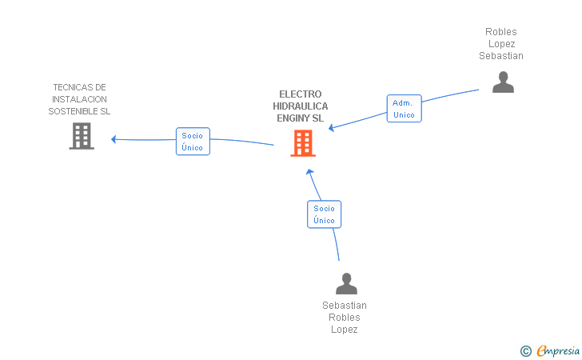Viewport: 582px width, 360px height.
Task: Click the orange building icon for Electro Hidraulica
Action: tap(302, 143)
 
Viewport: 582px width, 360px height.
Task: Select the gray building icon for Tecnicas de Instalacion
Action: tap(82, 136)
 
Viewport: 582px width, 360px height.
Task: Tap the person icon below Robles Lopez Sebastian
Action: tap(503, 82)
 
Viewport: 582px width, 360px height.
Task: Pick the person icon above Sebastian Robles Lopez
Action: tap(345, 283)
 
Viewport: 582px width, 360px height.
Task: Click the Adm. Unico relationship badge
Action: tap(404, 109)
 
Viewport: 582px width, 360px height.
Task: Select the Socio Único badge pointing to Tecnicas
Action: tap(193, 142)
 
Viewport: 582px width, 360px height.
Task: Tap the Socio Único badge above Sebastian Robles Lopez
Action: tap(324, 214)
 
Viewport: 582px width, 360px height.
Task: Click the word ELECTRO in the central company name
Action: tap(301, 94)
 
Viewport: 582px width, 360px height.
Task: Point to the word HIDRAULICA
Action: tap(301, 106)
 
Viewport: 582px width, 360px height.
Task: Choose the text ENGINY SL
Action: tap(301, 118)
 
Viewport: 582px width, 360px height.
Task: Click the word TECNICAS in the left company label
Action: tap(79, 87)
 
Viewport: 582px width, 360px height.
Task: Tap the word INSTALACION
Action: tap(79, 99)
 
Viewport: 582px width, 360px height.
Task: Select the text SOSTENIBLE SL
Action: tap(79, 111)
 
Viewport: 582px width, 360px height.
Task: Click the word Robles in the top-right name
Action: tap(501, 32)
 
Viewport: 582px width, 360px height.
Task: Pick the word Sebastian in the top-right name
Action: tap(501, 56)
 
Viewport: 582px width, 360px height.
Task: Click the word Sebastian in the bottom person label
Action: tap(345, 306)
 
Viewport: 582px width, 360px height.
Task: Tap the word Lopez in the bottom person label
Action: tap(345, 330)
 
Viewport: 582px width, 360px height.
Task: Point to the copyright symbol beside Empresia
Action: tap(525, 350)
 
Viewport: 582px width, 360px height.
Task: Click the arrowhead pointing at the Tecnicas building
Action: tap(114, 139)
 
